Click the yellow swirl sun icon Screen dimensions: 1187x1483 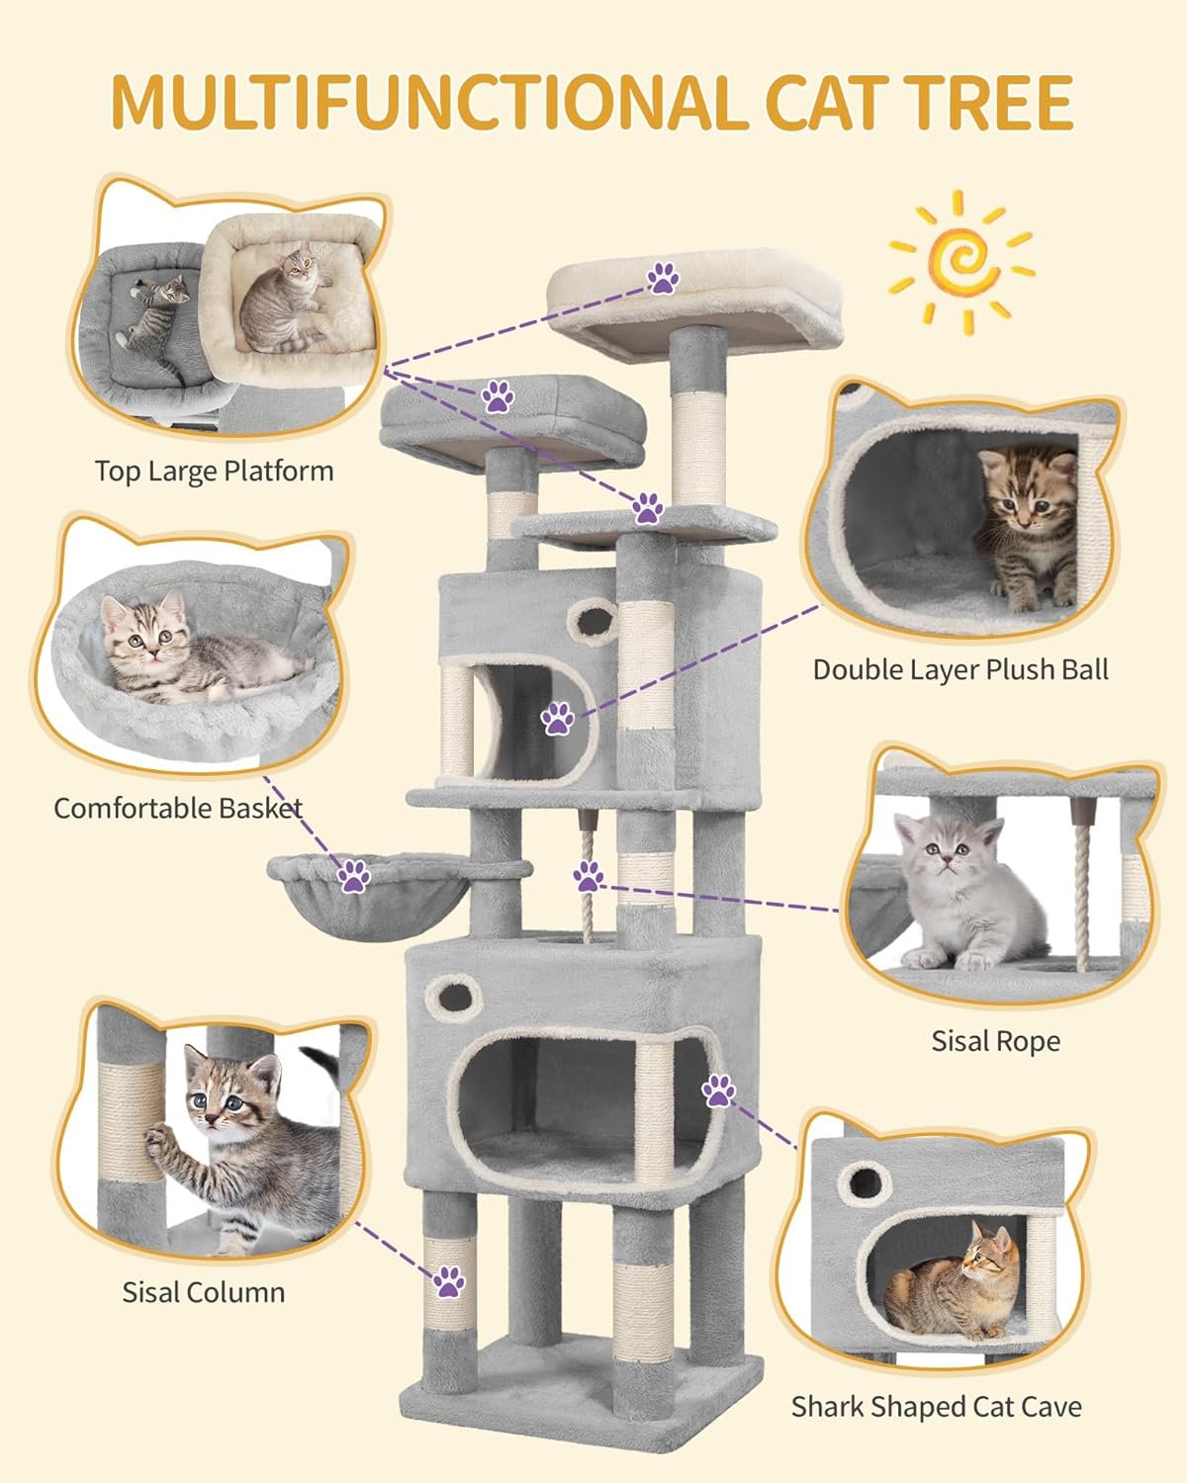(961, 262)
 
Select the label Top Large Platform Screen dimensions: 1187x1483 (214, 472)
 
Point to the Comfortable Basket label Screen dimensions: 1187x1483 (178, 808)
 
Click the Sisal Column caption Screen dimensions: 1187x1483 (204, 1292)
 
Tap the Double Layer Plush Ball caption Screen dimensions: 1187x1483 (960, 670)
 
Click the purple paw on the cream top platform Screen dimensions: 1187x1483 (663, 279)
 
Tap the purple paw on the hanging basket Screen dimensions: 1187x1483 (354, 876)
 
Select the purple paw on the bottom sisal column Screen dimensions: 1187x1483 (449, 1281)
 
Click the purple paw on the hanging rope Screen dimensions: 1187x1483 (589, 877)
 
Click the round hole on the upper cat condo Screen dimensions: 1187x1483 (593, 621)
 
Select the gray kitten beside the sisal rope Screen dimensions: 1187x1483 (965, 893)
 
